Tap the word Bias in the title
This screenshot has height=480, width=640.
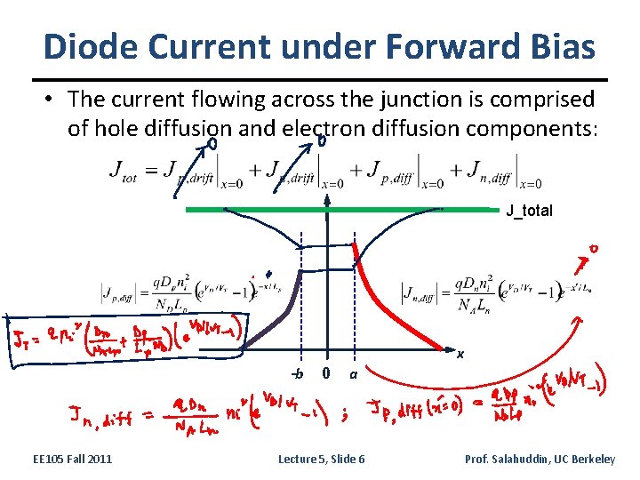tap(560, 46)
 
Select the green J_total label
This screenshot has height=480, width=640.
tap(529, 212)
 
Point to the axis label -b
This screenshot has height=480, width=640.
tap(298, 374)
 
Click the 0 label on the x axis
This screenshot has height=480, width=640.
tap(327, 373)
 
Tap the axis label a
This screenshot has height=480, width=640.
tap(353, 375)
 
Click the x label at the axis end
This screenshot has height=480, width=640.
tap(460, 354)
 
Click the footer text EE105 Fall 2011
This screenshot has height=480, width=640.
tap(72, 459)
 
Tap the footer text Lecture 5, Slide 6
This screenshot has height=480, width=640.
tap(321, 459)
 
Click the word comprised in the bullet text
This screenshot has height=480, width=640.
tap(548, 98)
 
